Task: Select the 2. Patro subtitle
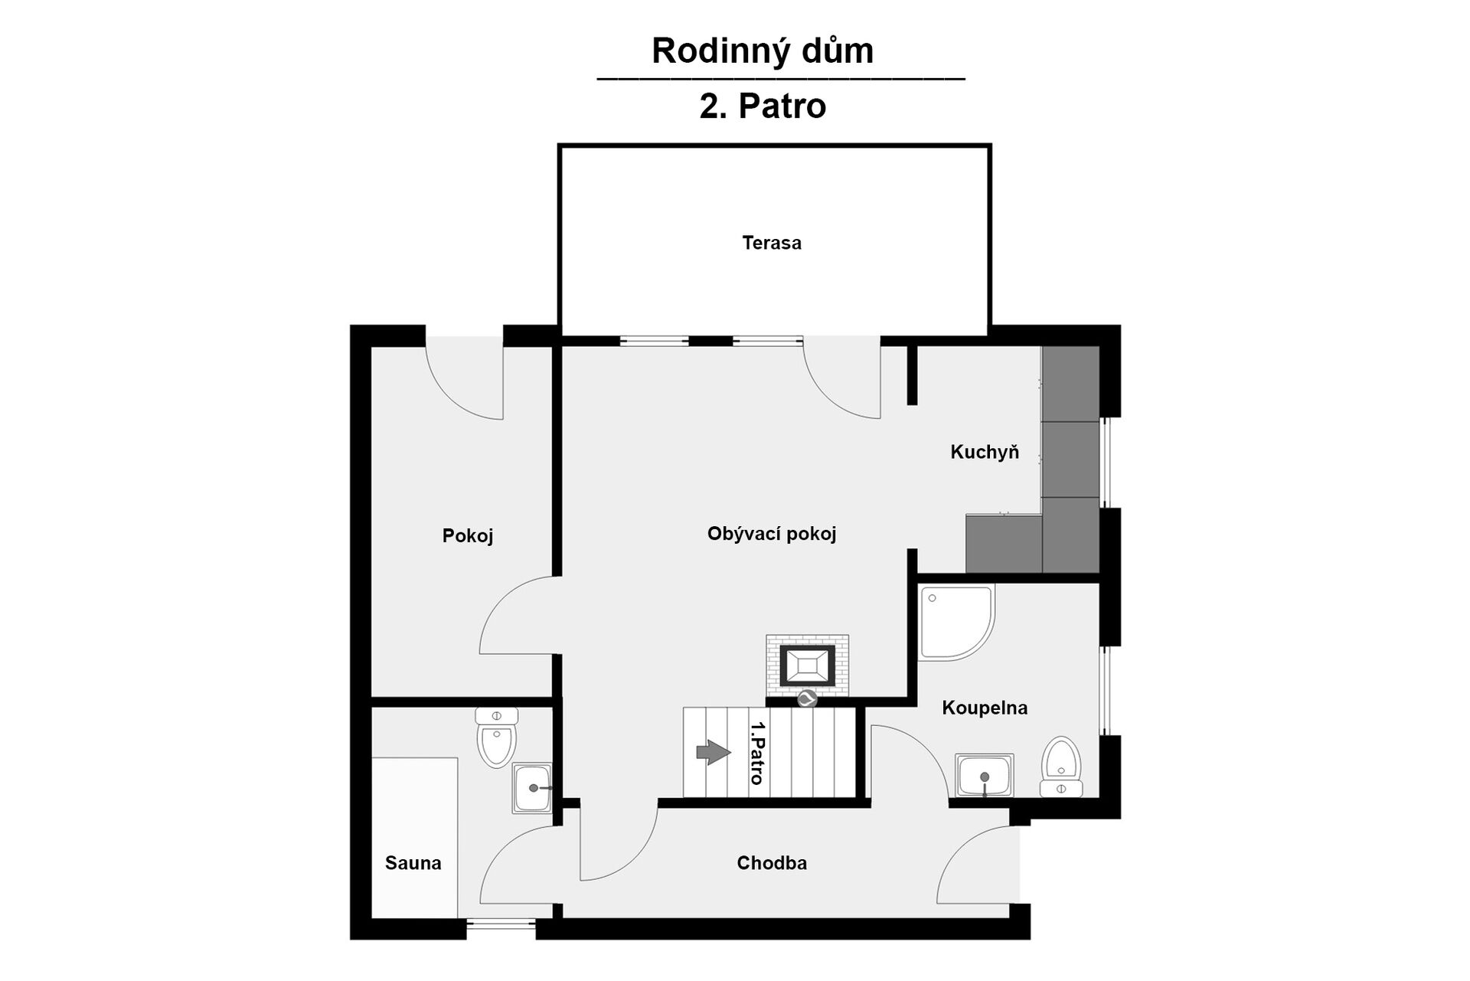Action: tap(763, 106)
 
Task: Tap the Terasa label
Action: tap(772, 243)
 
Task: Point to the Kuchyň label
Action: tap(985, 452)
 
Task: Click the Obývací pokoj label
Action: tap(772, 534)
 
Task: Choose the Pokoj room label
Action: tap(468, 535)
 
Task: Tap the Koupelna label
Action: tap(985, 708)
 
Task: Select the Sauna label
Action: tap(413, 863)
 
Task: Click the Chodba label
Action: tap(772, 863)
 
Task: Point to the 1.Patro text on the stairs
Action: tap(757, 753)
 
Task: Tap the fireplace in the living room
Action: tap(807, 665)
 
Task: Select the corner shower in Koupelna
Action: tap(957, 623)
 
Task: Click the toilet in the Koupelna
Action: tap(1061, 767)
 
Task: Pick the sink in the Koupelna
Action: tap(985, 776)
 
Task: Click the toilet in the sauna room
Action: tap(497, 737)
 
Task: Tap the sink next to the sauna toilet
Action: tap(532, 788)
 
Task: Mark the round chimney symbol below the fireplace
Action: tap(807, 698)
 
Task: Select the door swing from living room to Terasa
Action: tap(841, 380)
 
